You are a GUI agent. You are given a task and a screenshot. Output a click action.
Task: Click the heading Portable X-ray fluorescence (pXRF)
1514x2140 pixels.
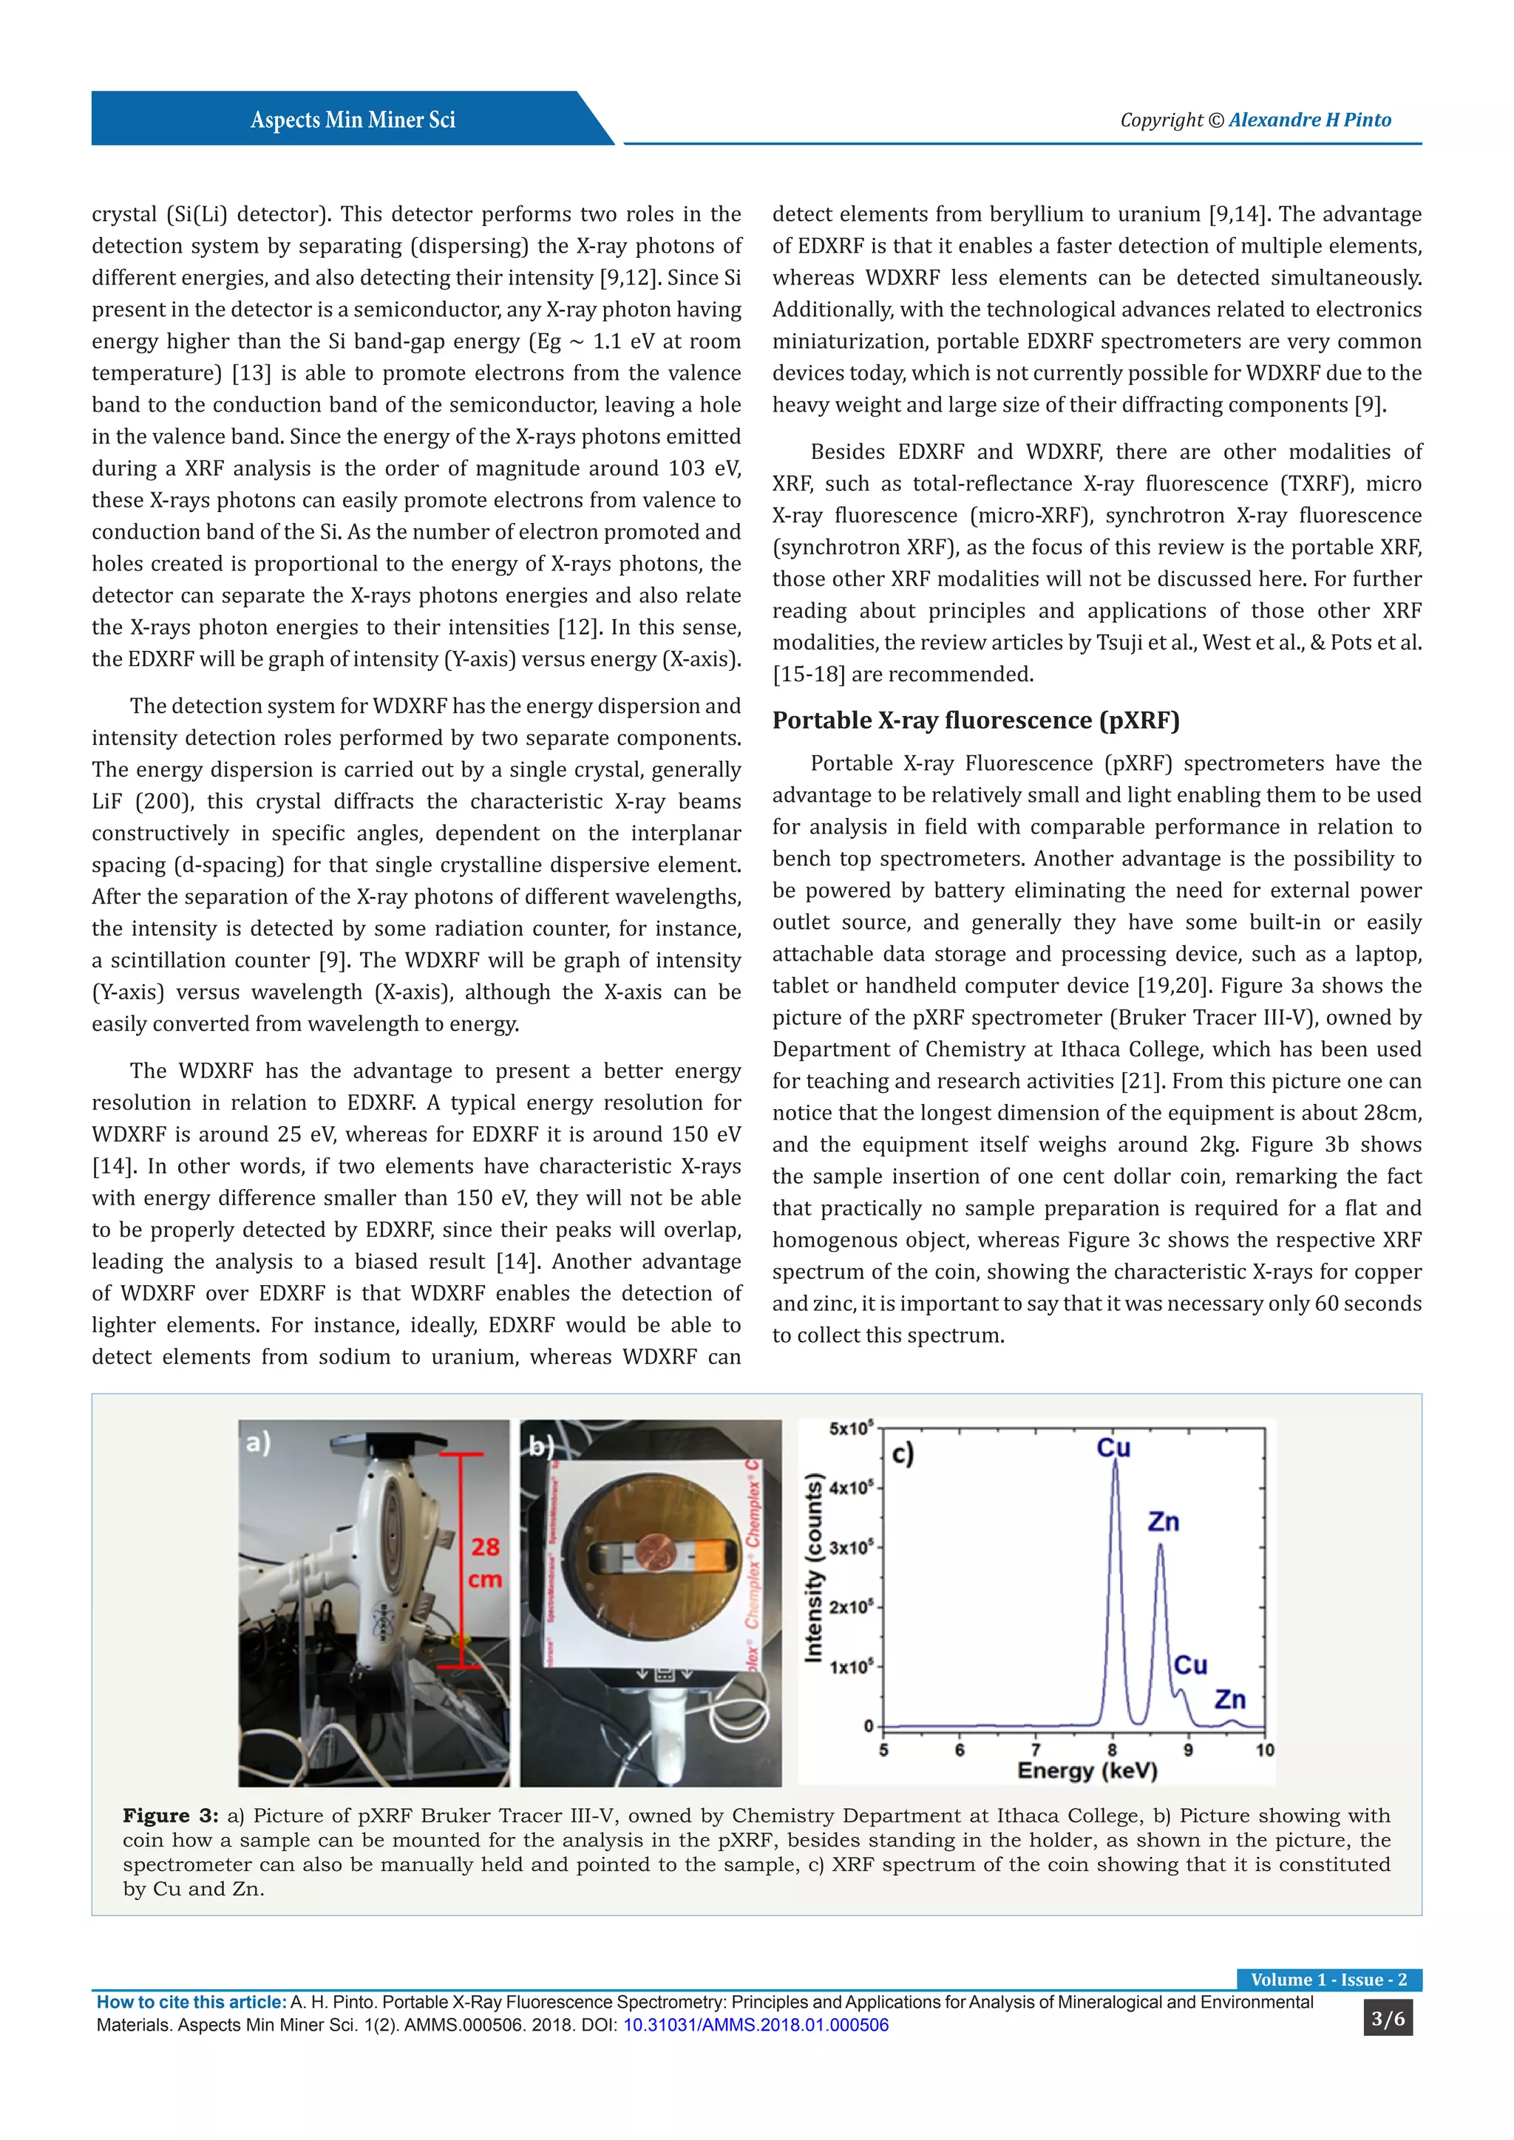(x=975, y=720)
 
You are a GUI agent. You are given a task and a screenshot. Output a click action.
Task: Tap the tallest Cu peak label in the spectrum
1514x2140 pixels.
(x=1113, y=1448)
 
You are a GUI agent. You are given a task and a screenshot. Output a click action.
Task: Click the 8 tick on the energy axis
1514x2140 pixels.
(x=1112, y=1750)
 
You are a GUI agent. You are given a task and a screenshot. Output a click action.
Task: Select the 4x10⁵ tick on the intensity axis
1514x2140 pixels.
(x=851, y=1488)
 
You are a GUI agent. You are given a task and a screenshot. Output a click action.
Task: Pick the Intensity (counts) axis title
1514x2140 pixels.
(x=814, y=1568)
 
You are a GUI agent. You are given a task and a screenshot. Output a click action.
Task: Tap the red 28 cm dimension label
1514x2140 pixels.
(x=485, y=1563)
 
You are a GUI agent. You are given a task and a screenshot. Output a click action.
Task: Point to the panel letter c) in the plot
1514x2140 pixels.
(x=903, y=1454)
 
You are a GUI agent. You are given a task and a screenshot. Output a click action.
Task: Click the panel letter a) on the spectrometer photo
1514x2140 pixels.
(x=258, y=1444)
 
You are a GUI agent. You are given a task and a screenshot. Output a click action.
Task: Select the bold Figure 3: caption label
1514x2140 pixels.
(x=171, y=1816)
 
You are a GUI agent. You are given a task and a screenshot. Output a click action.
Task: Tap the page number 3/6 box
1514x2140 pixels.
(x=1387, y=2019)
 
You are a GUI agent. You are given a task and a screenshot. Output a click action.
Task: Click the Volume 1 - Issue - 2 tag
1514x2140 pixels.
(x=1328, y=1980)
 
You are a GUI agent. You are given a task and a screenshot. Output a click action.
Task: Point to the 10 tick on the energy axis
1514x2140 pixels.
(x=1264, y=1750)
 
